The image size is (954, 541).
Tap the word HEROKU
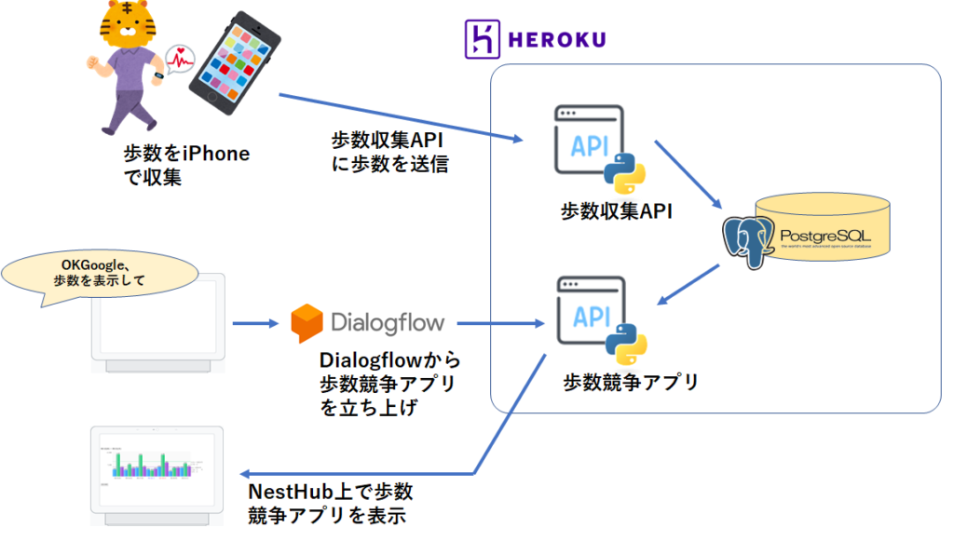coord(557,40)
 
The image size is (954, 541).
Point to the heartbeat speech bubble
coord(179,59)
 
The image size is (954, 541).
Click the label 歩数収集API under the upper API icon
coord(616,212)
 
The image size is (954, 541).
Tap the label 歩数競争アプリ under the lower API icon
coord(631,382)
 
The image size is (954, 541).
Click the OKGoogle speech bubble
coord(102,273)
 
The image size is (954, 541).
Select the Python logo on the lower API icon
coord(626,346)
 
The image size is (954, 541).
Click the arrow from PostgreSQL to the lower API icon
coord(689,284)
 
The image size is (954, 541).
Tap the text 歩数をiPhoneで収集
coord(186,165)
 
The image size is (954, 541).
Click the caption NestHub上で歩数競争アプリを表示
coord(330,504)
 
